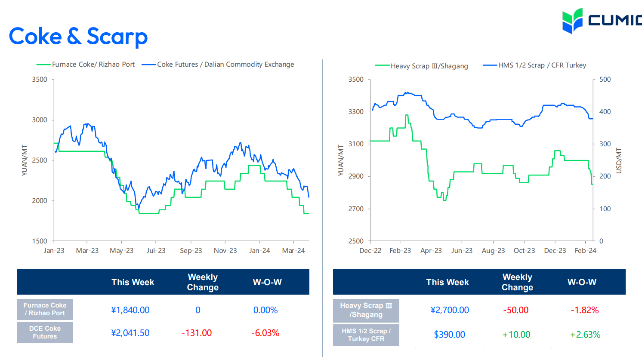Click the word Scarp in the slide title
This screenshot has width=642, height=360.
(x=117, y=37)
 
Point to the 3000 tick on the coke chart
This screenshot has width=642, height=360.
(x=40, y=120)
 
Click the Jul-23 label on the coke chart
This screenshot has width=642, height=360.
(x=156, y=251)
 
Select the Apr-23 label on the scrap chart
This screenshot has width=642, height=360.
(x=431, y=251)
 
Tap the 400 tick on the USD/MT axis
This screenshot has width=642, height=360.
(x=605, y=112)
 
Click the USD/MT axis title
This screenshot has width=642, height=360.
(x=619, y=160)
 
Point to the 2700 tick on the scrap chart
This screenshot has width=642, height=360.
(x=356, y=209)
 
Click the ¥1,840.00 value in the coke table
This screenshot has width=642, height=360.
(x=130, y=310)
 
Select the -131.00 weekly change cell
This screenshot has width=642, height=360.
(x=197, y=333)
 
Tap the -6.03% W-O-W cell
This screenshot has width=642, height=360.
(x=265, y=333)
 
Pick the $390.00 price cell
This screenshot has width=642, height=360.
(x=449, y=335)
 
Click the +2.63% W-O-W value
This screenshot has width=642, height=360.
(x=585, y=335)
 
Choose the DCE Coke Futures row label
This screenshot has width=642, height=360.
(x=45, y=332)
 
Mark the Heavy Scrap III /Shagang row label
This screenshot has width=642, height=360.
(x=366, y=310)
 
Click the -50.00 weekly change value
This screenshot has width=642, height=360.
(x=515, y=310)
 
